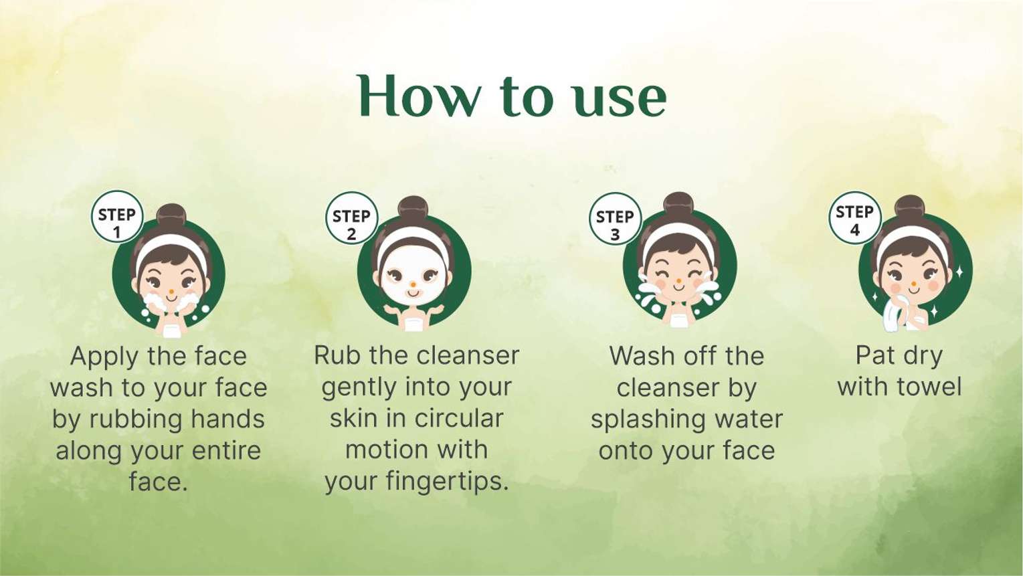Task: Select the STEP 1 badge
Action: click(x=117, y=217)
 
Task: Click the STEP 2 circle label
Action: click(x=351, y=218)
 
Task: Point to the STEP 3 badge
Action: click(x=615, y=219)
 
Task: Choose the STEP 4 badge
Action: click(x=854, y=217)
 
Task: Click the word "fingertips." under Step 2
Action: click(x=447, y=482)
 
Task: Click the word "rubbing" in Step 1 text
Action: click(x=130, y=419)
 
